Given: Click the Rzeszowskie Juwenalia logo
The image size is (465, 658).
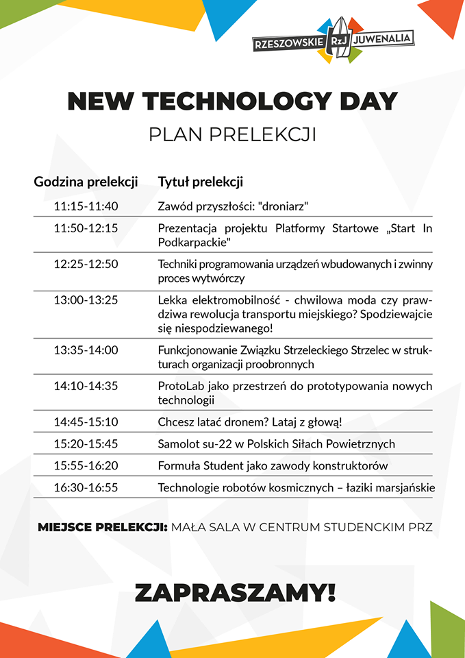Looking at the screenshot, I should point(333,40).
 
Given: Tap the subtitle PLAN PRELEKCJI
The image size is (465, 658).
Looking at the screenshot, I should point(232,134).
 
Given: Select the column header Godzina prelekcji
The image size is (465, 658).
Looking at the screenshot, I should point(86,182).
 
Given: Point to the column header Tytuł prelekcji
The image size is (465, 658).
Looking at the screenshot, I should point(201,182).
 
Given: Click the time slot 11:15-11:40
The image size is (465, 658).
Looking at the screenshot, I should point(86,206).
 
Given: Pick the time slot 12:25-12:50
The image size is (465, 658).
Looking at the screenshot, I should point(86,264).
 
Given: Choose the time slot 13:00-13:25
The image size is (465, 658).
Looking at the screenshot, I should point(86,300).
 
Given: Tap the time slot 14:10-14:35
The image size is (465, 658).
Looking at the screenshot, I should point(86,386).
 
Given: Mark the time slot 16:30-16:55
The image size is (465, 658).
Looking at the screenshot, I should point(86,487).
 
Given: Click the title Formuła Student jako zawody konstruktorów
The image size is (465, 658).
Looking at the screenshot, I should point(273,465).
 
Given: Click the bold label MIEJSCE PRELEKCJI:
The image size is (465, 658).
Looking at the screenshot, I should point(103,527).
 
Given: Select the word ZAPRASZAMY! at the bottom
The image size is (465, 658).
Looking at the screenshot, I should point(235,592).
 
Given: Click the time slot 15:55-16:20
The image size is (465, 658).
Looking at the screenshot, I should point(86,465).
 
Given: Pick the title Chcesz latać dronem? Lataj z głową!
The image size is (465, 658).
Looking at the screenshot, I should point(249,422).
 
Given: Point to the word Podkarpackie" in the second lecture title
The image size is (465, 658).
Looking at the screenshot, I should point(194,243).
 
